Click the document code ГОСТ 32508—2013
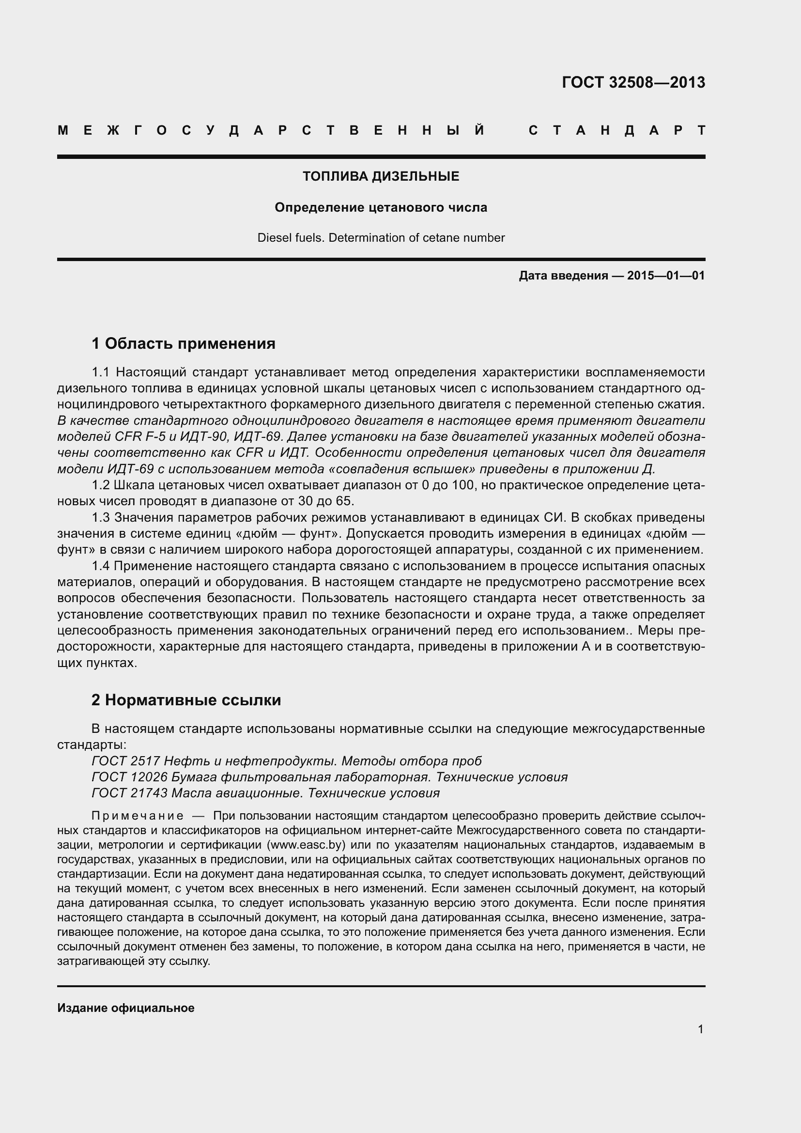point(633,82)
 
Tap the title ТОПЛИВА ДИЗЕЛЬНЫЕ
point(381,176)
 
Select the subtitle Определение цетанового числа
point(381,207)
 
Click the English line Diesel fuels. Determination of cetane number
point(381,238)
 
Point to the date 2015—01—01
point(666,275)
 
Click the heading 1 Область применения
point(184,343)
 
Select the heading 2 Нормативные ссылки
point(186,700)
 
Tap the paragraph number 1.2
point(101,485)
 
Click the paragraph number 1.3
point(101,517)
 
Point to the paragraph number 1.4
point(101,565)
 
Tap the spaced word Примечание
point(138,816)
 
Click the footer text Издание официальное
point(126,1008)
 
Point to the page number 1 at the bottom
point(700,1029)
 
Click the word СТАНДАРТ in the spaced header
point(616,130)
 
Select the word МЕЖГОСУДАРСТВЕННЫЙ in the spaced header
point(271,130)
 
